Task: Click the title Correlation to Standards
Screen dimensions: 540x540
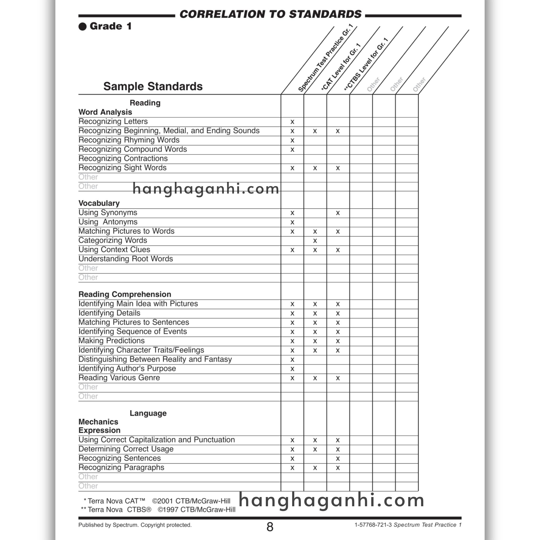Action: pyautogui.click(x=270, y=14)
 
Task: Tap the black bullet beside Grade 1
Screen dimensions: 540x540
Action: pyautogui.click(x=83, y=27)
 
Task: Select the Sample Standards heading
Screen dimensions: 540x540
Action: pyautogui.click(x=153, y=86)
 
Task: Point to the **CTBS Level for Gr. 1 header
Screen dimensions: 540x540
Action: pyautogui.click(x=366, y=65)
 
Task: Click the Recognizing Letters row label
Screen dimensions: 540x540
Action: pyautogui.click(x=113, y=122)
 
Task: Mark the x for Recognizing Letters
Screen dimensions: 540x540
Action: pyautogui.click(x=292, y=122)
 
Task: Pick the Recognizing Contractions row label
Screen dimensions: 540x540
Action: pyautogui.click(x=123, y=158)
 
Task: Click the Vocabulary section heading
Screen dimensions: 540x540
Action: pyautogui.click(x=99, y=203)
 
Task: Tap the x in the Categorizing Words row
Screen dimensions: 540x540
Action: pyautogui.click(x=315, y=241)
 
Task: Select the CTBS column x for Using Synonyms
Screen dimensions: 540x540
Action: pyautogui.click(x=338, y=213)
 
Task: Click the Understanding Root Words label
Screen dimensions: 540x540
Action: pyautogui.click(x=126, y=259)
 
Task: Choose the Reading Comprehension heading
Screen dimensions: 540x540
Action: pyautogui.click(x=125, y=294)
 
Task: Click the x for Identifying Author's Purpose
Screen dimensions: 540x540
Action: pyautogui.click(x=292, y=369)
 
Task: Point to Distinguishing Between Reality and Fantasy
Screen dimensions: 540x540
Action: pyautogui.click(x=155, y=359)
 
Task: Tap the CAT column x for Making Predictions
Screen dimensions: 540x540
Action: pyautogui.click(x=315, y=341)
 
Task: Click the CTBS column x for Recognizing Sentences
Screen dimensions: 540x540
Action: pyautogui.click(x=338, y=459)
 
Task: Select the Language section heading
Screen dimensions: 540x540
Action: pyautogui.click(x=148, y=413)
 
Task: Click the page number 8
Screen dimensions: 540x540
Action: pyautogui.click(x=270, y=527)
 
